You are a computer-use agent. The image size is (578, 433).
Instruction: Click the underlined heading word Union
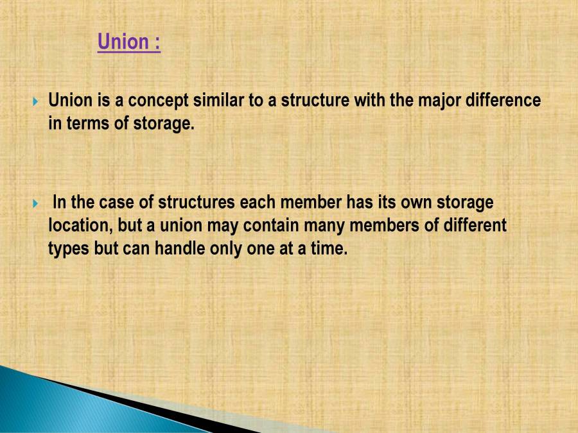[123, 42]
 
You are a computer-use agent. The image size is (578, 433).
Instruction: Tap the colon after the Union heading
[157, 44]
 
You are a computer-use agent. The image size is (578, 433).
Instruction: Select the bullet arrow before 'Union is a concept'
[36, 101]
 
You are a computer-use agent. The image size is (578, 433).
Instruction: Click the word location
[79, 226]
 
